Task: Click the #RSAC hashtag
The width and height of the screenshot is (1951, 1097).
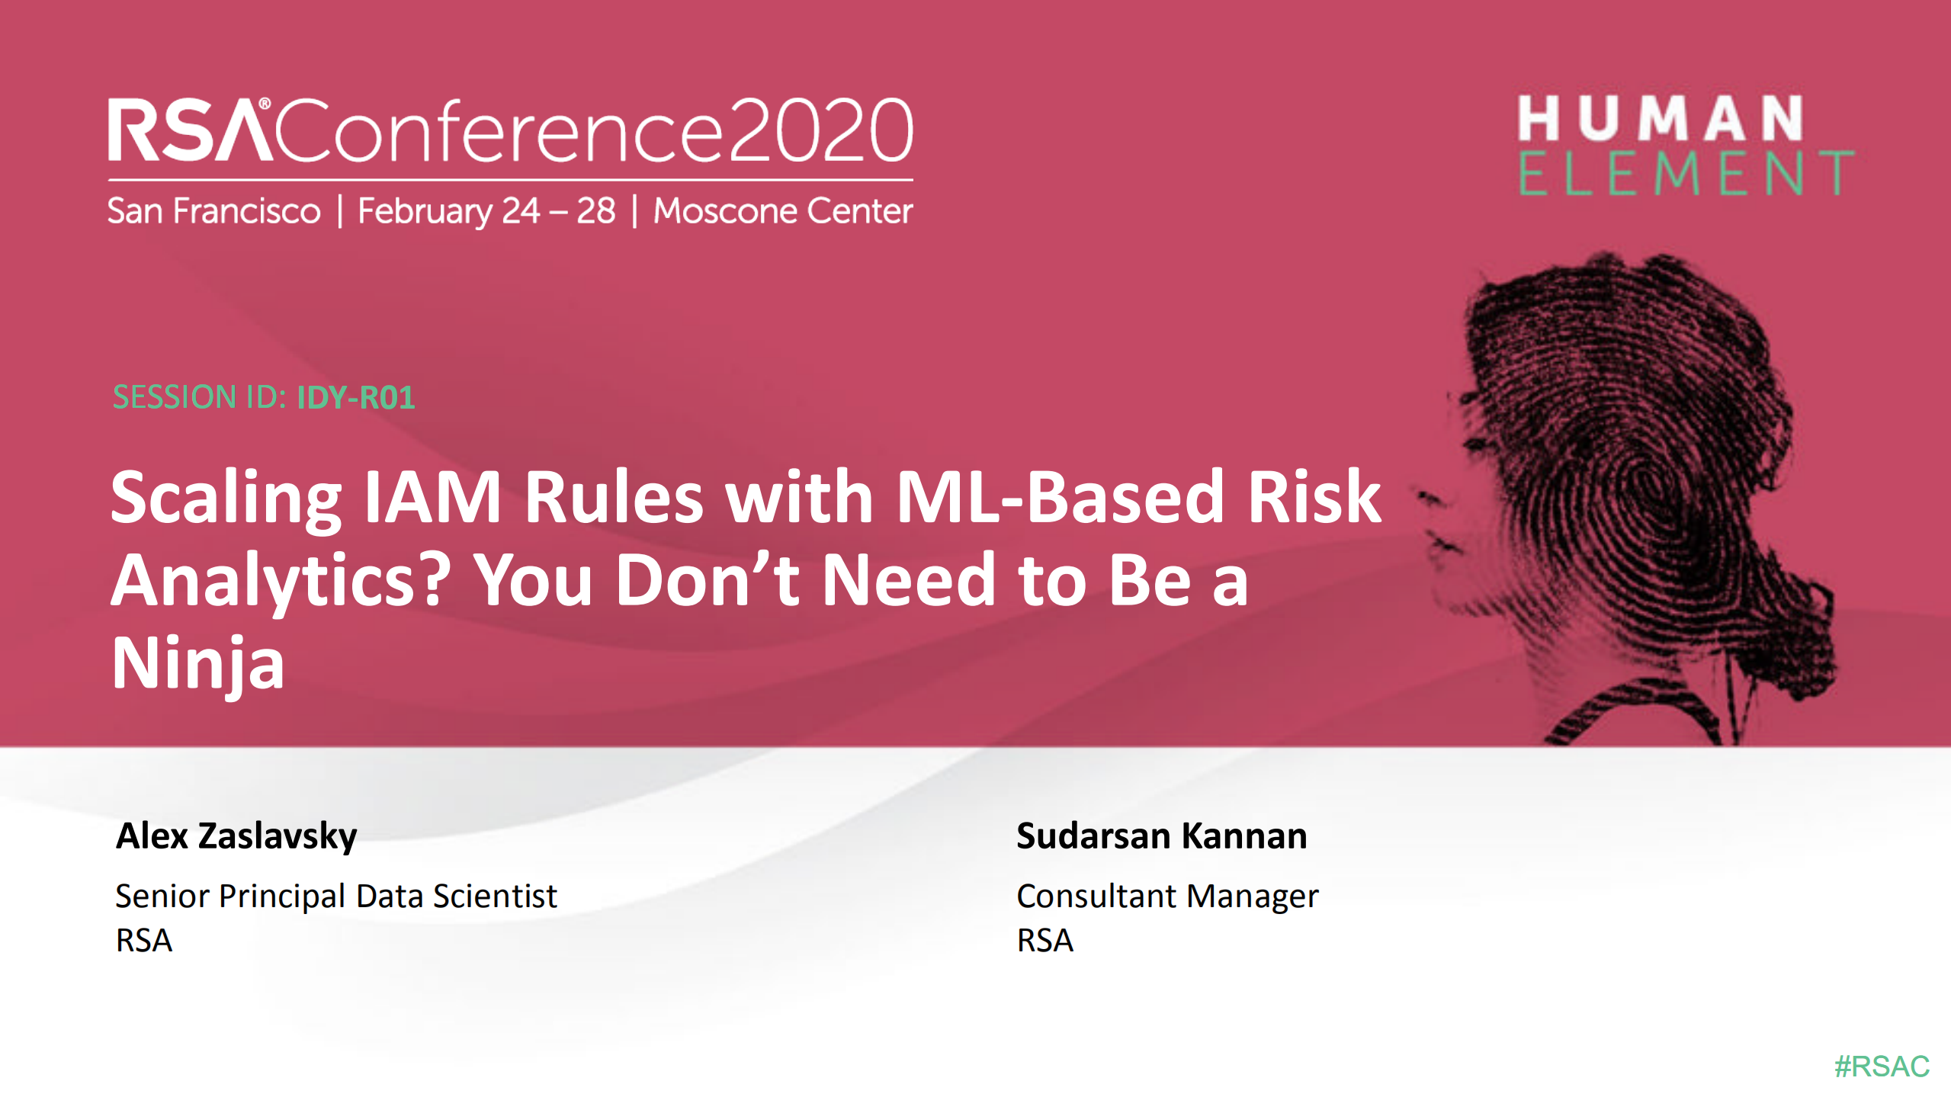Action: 1881,1066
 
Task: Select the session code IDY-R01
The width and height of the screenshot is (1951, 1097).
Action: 355,397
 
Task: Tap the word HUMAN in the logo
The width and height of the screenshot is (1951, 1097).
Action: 1660,119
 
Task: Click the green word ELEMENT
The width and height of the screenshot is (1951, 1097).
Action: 1685,174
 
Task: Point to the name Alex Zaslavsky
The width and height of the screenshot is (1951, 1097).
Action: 236,836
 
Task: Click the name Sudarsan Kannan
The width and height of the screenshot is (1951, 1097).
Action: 1161,836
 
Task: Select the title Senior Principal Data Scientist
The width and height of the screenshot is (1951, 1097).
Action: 335,896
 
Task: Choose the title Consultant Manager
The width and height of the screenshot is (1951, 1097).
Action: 1166,896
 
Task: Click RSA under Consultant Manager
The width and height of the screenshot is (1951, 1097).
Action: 1044,940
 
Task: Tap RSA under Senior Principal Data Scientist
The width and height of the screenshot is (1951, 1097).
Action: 144,940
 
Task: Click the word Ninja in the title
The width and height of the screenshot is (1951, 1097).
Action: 198,663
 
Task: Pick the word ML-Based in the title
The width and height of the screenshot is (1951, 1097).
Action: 1060,497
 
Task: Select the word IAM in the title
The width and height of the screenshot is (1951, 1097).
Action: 432,497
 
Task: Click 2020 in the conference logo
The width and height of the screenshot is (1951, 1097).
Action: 820,131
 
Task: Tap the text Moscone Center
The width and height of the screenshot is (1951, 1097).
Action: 782,211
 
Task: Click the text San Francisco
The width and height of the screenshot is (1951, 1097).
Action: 213,211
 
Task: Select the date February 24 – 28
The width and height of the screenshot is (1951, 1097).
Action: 486,211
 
